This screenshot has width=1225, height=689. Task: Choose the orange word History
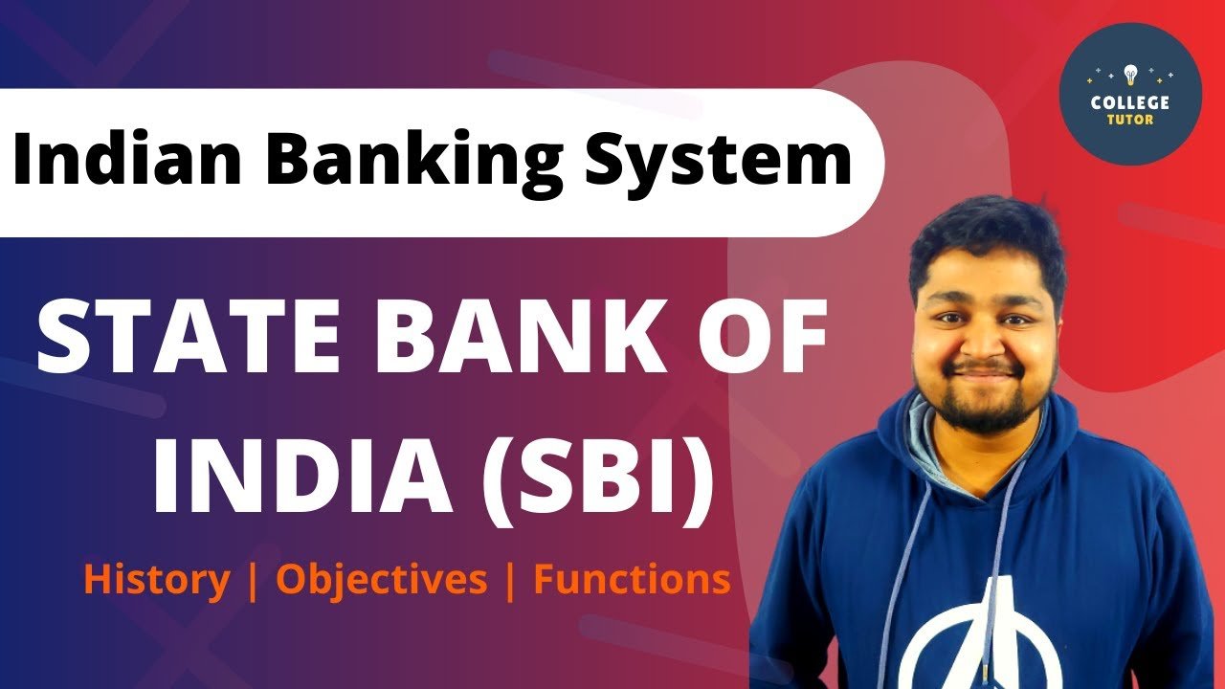click(157, 580)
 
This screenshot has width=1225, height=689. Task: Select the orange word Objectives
click(381, 580)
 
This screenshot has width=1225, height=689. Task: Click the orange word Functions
click(632, 580)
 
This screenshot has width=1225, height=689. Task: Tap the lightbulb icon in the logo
click(1130, 73)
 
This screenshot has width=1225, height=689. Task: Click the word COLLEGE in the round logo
click(1130, 101)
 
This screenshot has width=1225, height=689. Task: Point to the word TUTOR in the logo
click(1130, 120)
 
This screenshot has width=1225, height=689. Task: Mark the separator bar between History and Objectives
click(253, 580)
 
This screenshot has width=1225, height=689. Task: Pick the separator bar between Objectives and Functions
click(510, 580)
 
